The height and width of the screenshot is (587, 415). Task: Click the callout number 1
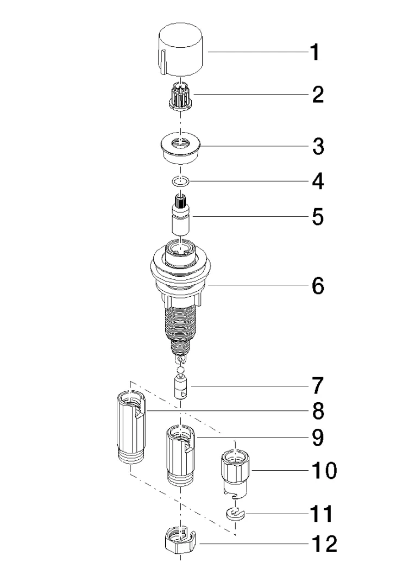tap(316, 53)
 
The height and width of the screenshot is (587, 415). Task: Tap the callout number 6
tap(318, 285)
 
